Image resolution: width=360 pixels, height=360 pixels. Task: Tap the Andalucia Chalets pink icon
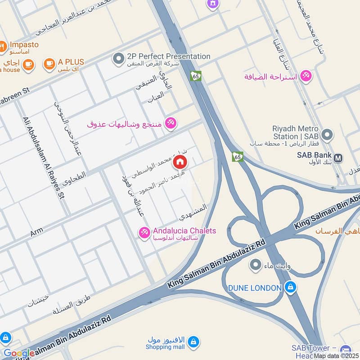144,233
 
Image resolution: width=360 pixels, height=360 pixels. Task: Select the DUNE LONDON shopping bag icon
291,287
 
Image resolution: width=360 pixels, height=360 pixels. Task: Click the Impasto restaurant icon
2,46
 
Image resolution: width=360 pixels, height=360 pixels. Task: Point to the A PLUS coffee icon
49,64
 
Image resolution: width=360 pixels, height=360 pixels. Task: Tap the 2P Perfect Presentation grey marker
118,58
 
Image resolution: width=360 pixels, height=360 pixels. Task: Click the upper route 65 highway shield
196,76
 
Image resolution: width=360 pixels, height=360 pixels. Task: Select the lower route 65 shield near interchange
238,157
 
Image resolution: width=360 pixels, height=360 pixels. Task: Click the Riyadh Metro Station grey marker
328,134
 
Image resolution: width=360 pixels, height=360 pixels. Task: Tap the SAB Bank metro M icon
338,158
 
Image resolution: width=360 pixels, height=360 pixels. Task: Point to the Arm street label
36,233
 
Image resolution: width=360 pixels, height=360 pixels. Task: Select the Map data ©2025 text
337,355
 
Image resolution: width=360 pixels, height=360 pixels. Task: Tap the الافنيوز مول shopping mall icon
193,342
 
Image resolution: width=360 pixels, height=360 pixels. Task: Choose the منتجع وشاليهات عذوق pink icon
171,122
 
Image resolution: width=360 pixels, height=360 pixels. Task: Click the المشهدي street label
193,212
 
